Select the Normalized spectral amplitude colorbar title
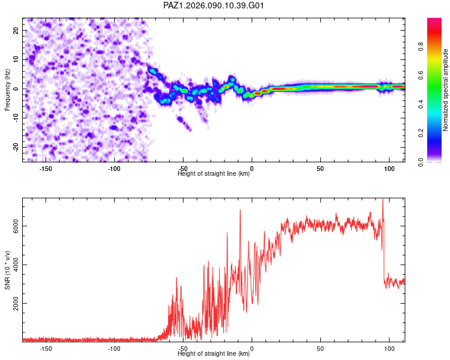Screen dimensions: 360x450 coord(446,90)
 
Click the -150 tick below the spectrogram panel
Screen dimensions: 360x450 coord(46,168)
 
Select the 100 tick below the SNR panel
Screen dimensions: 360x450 coord(389,348)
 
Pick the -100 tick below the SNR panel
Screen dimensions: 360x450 coord(115,348)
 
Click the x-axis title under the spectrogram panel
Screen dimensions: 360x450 coord(214,173)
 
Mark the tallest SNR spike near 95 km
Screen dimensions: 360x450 coord(383,200)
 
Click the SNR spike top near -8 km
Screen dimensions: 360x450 coord(241,210)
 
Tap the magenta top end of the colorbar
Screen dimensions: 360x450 coord(434,21)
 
